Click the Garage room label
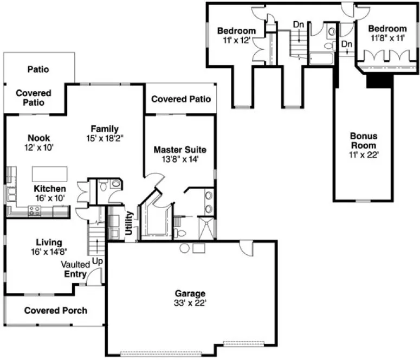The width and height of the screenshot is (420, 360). coord(190,294)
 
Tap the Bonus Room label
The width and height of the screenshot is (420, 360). coord(363,140)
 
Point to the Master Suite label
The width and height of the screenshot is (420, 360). coord(180,149)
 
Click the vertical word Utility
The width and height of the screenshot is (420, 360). coord(129,223)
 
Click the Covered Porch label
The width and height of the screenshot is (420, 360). coord(56,311)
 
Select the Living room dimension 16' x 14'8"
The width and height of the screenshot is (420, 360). coord(41,252)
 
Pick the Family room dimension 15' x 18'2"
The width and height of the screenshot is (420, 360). coord(104,138)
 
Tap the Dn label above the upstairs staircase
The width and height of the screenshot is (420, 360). coord(298,24)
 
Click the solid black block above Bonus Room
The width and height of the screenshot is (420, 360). coord(378,79)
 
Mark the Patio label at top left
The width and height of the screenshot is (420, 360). coord(38,69)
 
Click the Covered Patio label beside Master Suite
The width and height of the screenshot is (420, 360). coord(180,99)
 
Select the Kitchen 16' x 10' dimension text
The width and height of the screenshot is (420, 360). coord(50,198)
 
